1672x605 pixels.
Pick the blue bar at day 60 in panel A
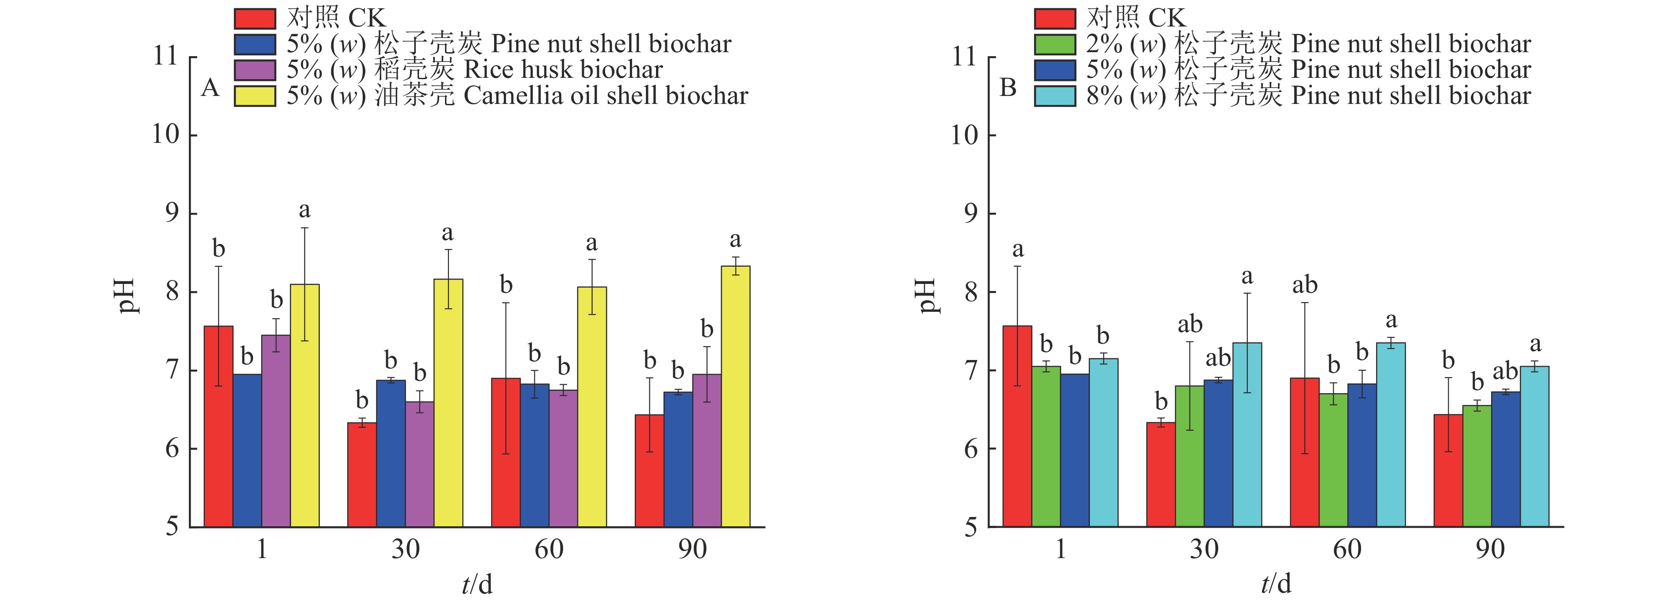(x=534, y=454)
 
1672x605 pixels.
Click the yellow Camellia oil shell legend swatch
(x=255, y=96)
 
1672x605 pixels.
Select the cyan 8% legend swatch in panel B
(x=1055, y=96)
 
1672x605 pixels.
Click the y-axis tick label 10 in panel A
(x=165, y=134)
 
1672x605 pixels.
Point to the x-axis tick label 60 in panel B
(x=1347, y=549)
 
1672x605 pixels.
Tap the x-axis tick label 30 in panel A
(x=405, y=549)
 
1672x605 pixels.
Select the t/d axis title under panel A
(x=477, y=584)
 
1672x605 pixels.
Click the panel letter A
(x=210, y=88)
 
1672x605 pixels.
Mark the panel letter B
(x=1008, y=88)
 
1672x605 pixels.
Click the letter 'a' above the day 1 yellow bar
(x=304, y=211)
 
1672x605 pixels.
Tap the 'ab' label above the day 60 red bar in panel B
(x=1304, y=285)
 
